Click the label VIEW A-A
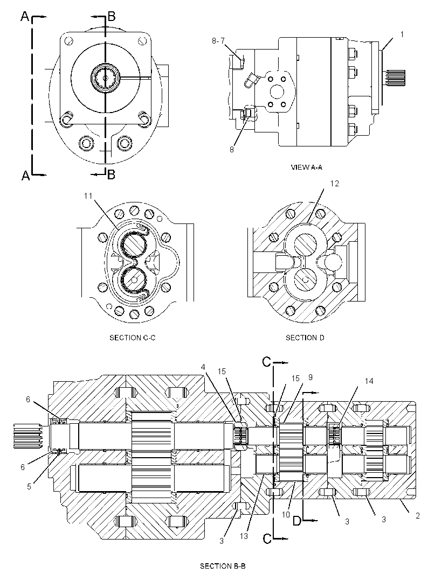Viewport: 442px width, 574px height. click(x=306, y=167)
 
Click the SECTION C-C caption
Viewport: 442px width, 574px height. click(x=132, y=338)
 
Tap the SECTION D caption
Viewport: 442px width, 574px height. click(x=305, y=338)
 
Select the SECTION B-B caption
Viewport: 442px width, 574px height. click(x=223, y=566)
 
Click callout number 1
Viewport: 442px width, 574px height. click(x=402, y=34)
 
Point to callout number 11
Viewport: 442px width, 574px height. click(x=88, y=196)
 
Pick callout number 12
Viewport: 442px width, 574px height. click(x=335, y=184)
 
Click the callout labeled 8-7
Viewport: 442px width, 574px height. click(x=218, y=41)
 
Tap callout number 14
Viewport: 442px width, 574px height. click(x=369, y=381)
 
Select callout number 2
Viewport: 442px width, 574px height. click(x=417, y=515)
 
